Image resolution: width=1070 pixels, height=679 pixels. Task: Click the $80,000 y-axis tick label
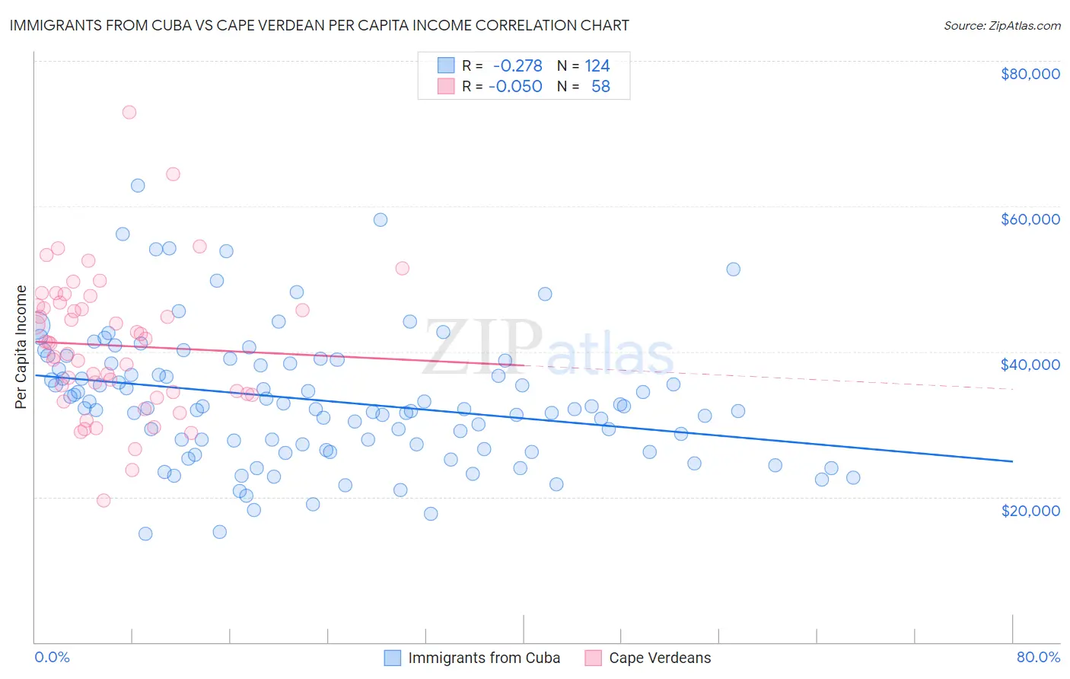pos(1030,74)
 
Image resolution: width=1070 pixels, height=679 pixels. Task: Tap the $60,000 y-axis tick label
pos(1030,219)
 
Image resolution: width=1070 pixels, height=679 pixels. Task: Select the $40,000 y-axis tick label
pos(1030,365)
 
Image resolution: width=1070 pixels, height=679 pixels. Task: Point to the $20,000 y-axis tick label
pos(1030,510)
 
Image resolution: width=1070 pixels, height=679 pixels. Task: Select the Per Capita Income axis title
pos(21,347)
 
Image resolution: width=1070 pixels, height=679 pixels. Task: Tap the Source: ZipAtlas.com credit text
pos(1002,26)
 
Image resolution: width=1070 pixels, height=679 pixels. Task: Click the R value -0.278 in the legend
pos(517,66)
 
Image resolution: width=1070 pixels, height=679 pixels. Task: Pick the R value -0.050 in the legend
pos(515,87)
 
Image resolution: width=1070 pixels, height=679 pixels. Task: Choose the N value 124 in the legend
pos(597,66)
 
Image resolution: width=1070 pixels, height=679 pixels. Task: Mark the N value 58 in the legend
pos(600,87)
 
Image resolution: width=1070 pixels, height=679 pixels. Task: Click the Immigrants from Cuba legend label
pos(484,658)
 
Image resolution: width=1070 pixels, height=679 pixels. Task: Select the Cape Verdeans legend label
pos(660,658)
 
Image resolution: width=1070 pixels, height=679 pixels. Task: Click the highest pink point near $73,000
pos(129,112)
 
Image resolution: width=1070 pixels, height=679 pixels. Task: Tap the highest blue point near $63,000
pos(138,186)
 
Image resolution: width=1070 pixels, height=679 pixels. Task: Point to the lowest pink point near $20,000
pos(103,500)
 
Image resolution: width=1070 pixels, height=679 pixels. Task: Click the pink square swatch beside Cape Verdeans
pos(593,658)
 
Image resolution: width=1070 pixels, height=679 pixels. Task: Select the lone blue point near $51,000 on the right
pos(733,269)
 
